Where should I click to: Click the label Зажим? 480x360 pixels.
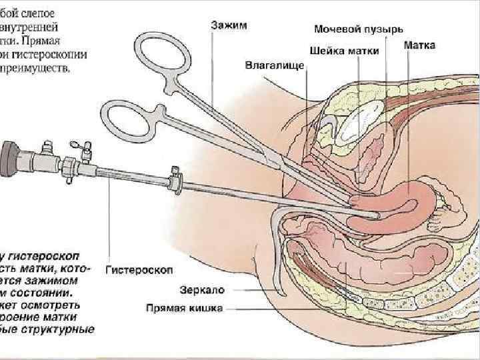229,25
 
